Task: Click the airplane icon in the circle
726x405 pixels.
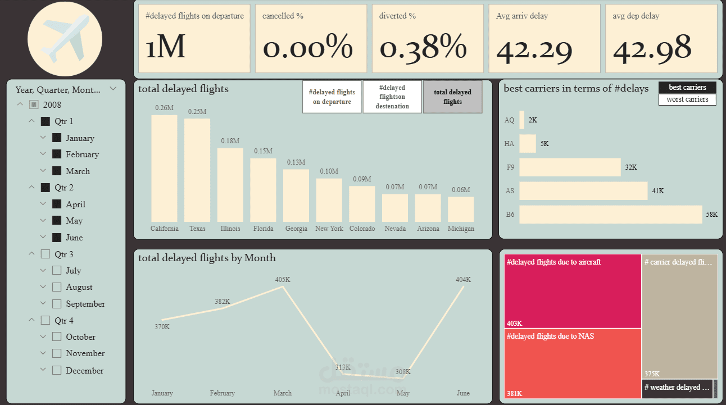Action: point(65,39)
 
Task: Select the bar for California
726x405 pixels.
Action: point(164,169)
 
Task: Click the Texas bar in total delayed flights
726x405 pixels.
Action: point(197,170)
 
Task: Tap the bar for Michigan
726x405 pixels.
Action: point(461,209)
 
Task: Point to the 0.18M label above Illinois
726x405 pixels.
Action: point(230,140)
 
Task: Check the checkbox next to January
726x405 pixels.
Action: point(57,138)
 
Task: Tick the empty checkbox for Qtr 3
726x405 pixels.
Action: point(46,254)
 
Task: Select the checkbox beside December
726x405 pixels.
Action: point(57,370)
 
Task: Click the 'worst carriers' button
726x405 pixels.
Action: point(687,99)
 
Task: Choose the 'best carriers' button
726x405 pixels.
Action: point(687,88)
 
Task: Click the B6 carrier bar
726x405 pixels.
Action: point(611,214)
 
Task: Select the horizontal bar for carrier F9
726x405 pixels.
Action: point(570,167)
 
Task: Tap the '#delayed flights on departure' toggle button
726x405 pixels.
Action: point(332,97)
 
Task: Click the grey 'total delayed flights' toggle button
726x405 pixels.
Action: point(452,97)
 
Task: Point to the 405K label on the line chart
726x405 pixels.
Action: point(283,279)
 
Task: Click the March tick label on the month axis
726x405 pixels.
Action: point(283,393)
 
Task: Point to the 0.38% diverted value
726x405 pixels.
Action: point(423,47)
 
